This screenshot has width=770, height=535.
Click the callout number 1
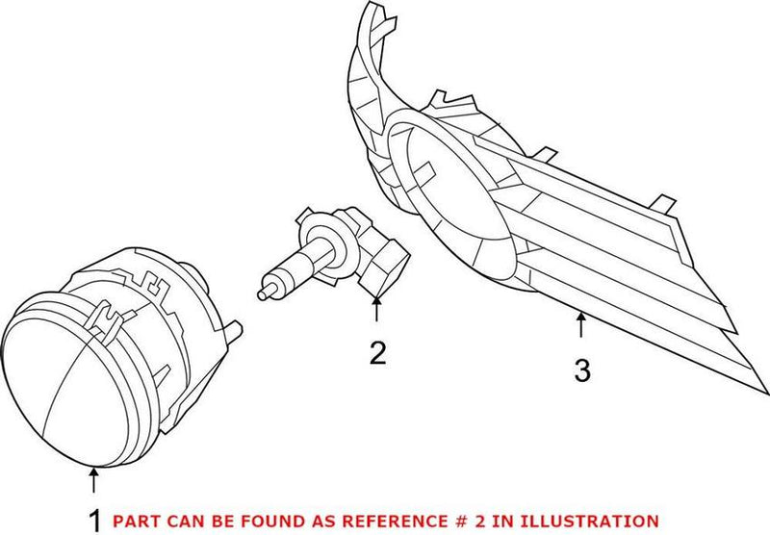(x=93, y=520)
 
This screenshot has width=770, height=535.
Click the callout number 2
(x=377, y=353)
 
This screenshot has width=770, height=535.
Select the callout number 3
(x=581, y=370)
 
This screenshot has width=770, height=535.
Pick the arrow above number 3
(x=580, y=327)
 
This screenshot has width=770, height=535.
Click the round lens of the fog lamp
(x=67, y=385)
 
